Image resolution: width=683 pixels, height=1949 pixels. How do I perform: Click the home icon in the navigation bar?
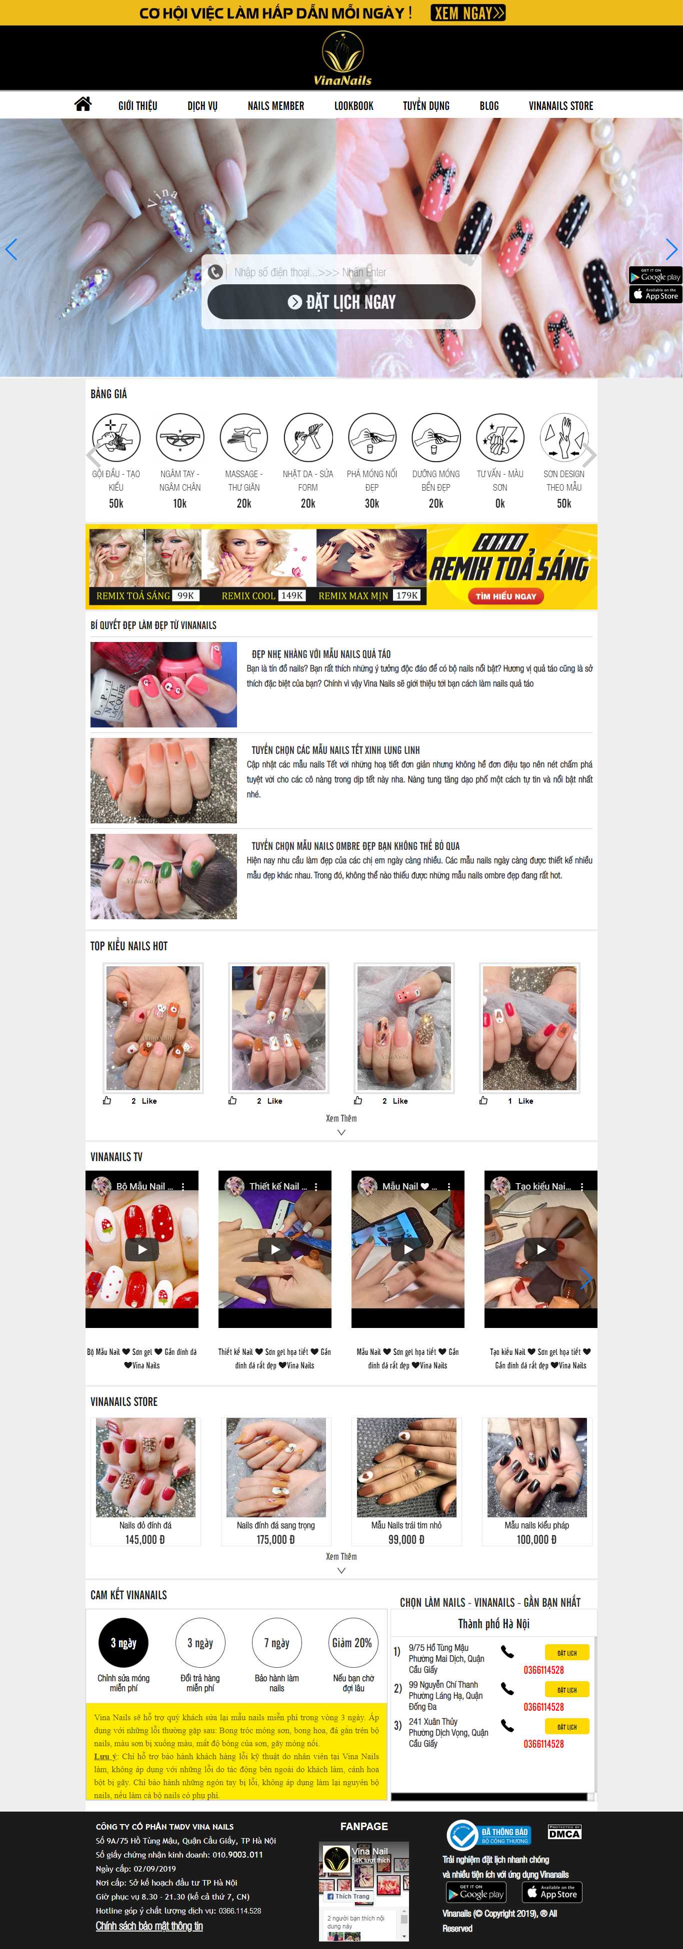point(82,104)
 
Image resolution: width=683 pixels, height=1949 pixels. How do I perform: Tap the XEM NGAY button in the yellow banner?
point(468,13)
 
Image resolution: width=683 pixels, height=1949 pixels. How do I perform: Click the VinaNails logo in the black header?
point(342,58)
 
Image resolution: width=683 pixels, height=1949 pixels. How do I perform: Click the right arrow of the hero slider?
point(671,249)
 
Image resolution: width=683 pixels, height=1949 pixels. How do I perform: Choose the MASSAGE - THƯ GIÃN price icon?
point(244,437)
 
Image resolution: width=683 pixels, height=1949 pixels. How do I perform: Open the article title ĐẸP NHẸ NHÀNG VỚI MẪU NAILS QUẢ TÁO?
point(321,653)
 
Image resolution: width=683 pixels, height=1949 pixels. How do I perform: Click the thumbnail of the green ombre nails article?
point(163,876)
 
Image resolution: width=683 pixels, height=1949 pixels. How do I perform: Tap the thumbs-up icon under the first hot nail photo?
point(107,1101)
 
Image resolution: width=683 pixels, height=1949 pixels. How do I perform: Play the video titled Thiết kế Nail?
point(275,1249)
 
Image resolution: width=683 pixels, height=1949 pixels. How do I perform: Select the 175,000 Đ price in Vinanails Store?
point(275,1540)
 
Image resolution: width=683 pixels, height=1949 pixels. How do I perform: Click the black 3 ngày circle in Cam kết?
point(123,1643)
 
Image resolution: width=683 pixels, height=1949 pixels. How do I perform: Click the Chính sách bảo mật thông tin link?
point(149,1926)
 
